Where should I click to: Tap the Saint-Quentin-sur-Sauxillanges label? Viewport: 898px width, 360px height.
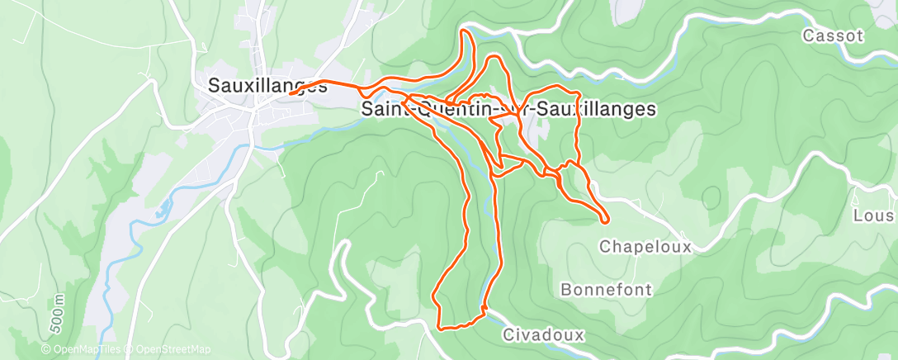(x=508, y=109)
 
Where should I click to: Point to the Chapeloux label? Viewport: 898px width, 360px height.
(x=645, y=246)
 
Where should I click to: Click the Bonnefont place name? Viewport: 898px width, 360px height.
(x=606, y=290)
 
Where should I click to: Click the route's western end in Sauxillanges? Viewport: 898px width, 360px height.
(x=291, y=93)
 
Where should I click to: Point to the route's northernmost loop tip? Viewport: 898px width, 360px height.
(x=466, y=31)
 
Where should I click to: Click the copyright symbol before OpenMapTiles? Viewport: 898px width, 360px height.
(x=45, y=349)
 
